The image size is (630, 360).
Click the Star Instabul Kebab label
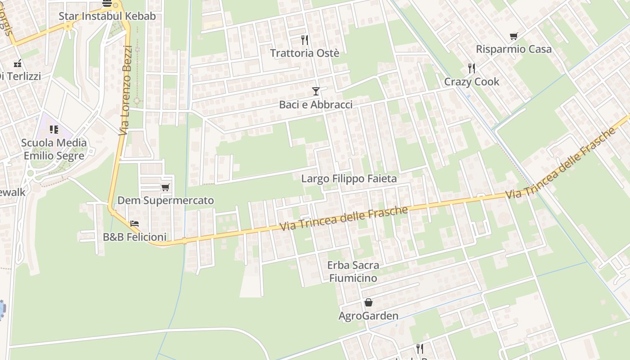[107, 16]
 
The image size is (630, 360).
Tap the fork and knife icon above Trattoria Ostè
[305, 40]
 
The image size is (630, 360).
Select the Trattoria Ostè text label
[305, 53]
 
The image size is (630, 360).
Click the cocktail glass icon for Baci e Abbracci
[316, 91]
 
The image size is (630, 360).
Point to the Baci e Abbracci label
[316, 104]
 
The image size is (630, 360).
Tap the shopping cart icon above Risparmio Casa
[513, 36]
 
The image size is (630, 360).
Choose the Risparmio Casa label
[513, 49]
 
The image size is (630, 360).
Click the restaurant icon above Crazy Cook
[472, 68]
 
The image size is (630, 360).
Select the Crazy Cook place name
[472, 81]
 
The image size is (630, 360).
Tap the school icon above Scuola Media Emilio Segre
[54, 130]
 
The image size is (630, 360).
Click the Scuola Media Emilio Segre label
[54, 149]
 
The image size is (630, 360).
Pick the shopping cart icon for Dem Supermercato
[166, 187]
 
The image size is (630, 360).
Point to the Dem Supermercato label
[166, 200]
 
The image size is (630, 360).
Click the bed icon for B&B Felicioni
[135, 224]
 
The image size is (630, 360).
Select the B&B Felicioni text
[135, 237]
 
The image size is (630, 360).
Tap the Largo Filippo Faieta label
[349, 179]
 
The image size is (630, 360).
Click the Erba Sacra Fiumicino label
[353, 271]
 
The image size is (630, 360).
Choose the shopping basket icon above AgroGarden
[369, 302]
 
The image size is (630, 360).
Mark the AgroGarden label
[369, 315]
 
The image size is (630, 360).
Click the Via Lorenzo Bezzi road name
[126, 90]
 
